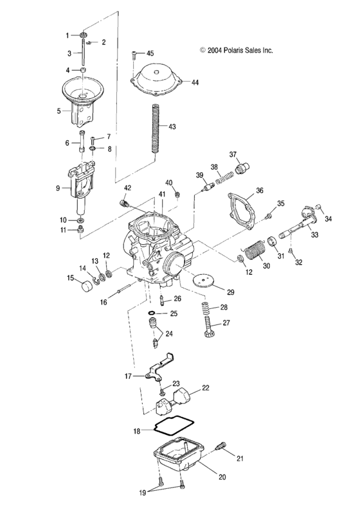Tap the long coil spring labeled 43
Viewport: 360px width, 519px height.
click(x=154, y=127)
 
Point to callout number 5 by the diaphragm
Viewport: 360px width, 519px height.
click(x=58, y=110)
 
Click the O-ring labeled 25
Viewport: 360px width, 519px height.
click(x=152, y=314)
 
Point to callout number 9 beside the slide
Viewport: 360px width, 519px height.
click(x=58, y=188)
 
